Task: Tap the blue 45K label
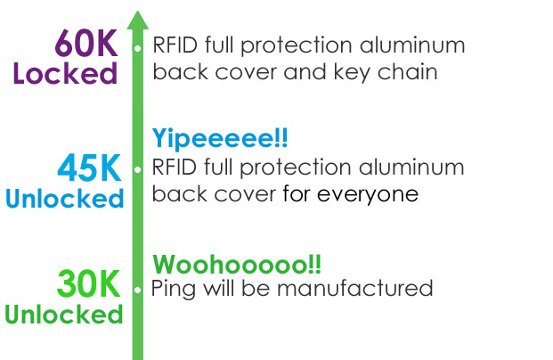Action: [89, 168]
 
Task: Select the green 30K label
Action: [88, 285]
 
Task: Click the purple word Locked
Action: [65, 73]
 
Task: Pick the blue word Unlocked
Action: [64, 198]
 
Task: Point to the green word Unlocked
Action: [64, 315]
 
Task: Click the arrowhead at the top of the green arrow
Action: [137, 20]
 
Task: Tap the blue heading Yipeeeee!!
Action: [220, 139]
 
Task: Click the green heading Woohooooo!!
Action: [237, 265]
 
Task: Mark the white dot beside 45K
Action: [137, 168]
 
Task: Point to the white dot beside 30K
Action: [137, 290]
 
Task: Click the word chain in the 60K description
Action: [411, 72]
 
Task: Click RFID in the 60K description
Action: [175, 45]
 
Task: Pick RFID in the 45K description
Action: [175, 168]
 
